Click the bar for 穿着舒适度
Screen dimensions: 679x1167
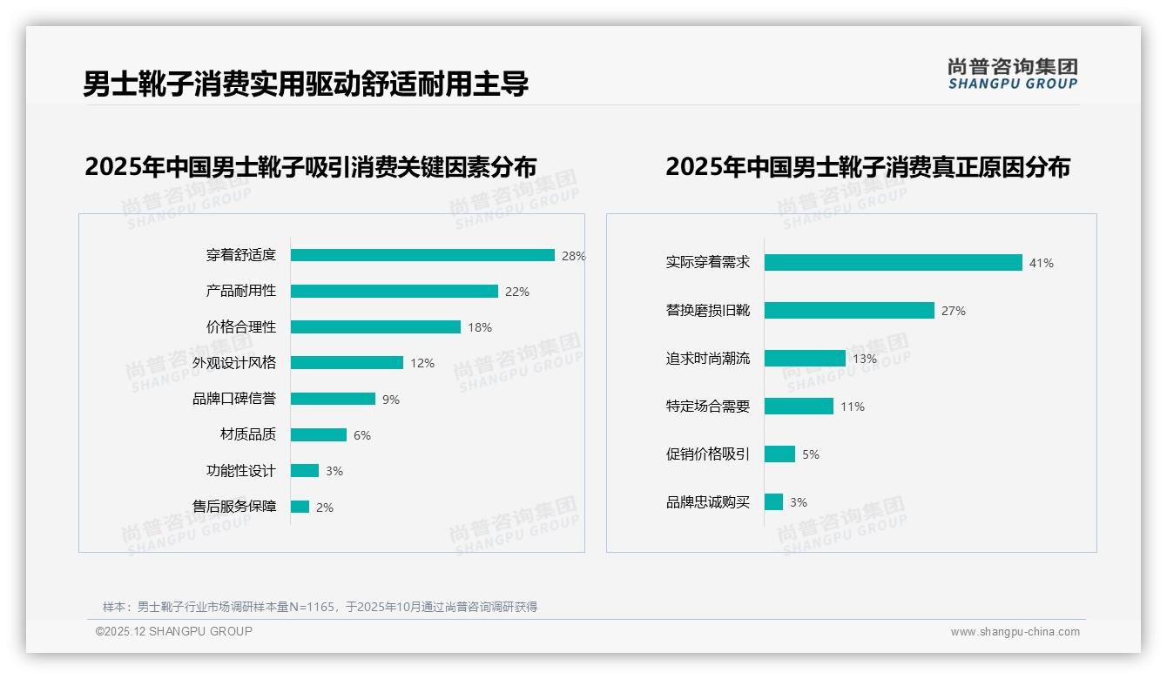(422, 255)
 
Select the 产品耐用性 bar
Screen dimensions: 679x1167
(394, 292)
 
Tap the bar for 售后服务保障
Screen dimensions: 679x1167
(300, 507)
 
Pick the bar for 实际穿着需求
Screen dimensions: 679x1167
(893, 262)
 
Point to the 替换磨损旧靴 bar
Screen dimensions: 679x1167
(849, 311)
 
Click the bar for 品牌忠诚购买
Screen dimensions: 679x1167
(773, 502)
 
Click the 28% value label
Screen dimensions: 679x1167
(573, 256)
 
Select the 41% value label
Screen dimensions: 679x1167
(1041, 263)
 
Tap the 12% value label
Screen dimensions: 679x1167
(422, 363)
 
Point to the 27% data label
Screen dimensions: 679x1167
(953, 311)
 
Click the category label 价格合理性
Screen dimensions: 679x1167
(240, 327)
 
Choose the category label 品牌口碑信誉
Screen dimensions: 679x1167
(233, 399)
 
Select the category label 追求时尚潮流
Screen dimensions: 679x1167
(707, 359)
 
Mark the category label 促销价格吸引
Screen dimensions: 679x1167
(707, 454)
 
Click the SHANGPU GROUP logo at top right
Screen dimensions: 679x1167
(1012, 74)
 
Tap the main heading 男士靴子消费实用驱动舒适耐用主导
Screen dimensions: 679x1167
(306, 84)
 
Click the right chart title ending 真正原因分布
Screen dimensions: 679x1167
(867, 166)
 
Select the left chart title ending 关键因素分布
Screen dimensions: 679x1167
(310, 166)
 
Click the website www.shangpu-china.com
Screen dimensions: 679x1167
(1015, 632)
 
